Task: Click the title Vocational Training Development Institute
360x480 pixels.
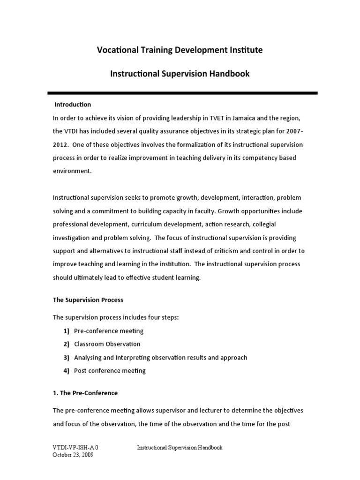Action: coord(180,50)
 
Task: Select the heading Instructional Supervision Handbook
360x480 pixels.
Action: coord(180,74)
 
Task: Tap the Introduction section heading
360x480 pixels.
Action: coord(73,104)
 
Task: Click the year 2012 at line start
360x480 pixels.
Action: coord(60,144)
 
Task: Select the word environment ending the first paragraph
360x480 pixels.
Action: coord(72,172)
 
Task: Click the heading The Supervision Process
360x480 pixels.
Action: coord(88,300)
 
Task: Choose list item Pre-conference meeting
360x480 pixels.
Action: coord(109,331)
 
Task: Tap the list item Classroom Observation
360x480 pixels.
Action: coord(107,344)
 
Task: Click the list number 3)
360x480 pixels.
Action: coord(66,357)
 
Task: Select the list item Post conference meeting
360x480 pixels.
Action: coord(110,370)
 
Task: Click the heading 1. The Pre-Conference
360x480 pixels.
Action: coord(85,393)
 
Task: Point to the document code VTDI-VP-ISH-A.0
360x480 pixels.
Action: coord(75,447)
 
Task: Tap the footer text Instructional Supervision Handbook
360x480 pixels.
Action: coord(180,447)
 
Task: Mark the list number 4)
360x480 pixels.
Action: coord(66,370)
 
